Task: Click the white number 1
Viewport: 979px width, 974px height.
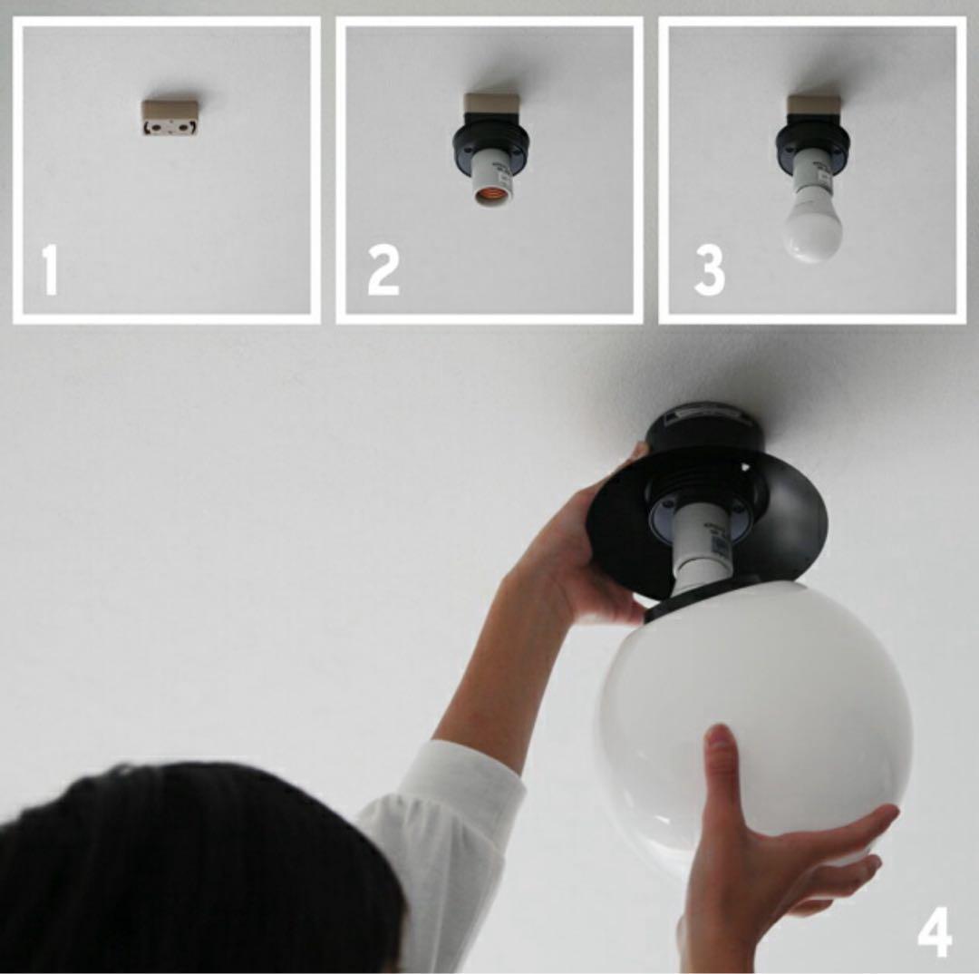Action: click(x=51, y=270)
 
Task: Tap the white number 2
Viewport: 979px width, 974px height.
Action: click(x=383, y=270)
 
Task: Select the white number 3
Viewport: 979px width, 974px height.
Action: click(x=709, y=270)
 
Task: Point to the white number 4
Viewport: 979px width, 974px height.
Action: click(x=935, y=932)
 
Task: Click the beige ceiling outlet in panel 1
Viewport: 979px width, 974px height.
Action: click(x=170, y=118)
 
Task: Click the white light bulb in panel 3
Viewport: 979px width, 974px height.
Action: click(x=812, y=225)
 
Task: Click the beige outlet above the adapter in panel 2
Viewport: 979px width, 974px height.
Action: click(x=491, y=103)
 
